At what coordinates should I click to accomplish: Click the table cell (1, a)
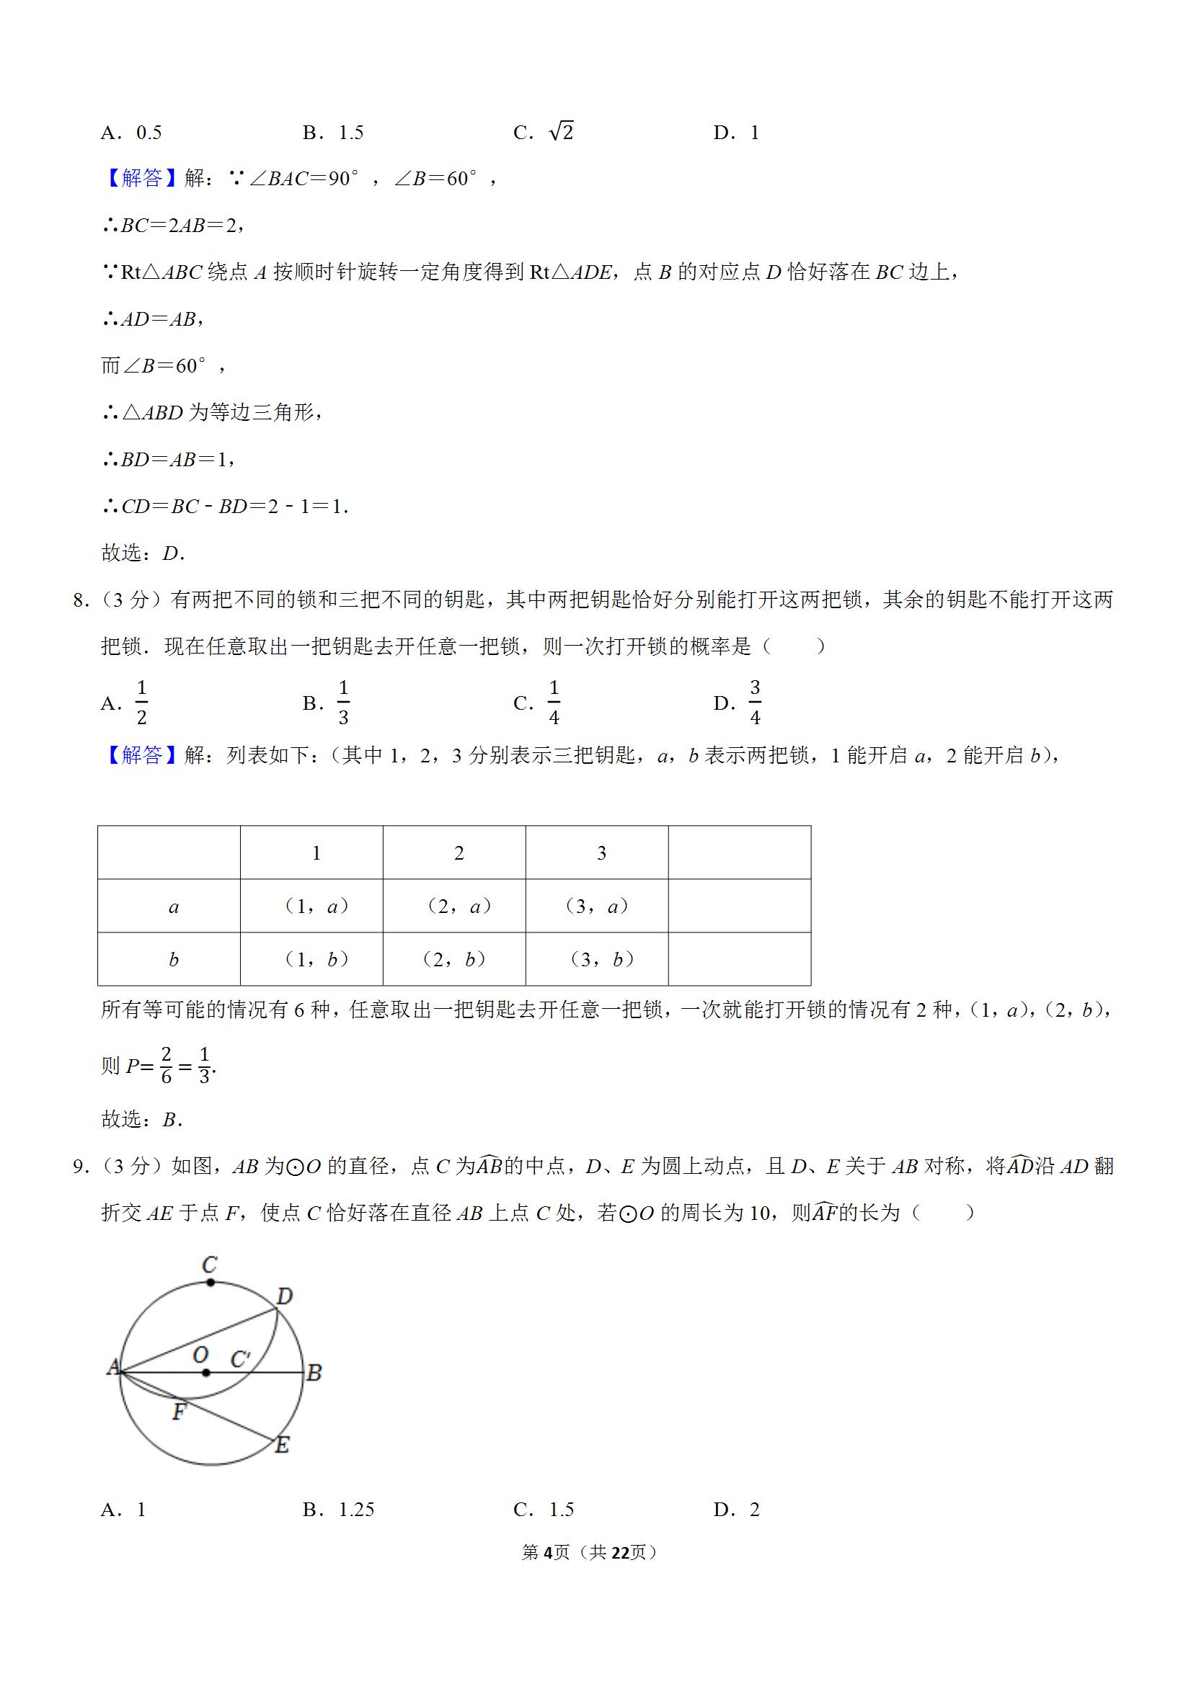(x=316, y=906)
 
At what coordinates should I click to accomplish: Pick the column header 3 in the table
(x=601, y=853)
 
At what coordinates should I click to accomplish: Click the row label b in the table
(x=173, y=959)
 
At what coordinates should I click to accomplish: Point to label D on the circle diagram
(x=284, y=1297)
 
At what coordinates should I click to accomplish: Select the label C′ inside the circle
(x=241, y=1360)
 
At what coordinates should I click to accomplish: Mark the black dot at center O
(x=206, y=1373)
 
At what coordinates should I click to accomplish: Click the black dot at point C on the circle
(x=211, y=1283)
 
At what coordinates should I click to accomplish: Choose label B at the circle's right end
(x=314, y=1373)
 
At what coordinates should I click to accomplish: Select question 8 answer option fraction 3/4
(x=754, y=703)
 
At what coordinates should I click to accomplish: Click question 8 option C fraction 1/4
(x=553, y=703)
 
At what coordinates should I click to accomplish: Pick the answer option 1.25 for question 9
(x=356, y=1510)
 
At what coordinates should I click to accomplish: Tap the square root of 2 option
(x=561, y=132)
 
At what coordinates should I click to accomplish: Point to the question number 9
(x=81, y=1166)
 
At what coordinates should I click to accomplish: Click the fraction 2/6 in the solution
(x=166, y=1066)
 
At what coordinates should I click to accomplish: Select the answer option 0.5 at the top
(x=149, y=133)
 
